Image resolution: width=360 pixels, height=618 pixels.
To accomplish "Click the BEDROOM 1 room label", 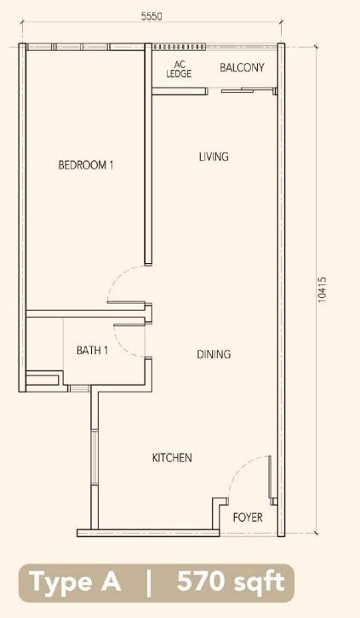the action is [86, 164].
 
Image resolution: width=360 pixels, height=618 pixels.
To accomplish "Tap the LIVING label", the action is [214, 157].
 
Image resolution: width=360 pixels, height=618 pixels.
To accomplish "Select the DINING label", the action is [214, 354].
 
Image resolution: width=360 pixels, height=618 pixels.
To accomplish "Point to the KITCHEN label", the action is [172, 458].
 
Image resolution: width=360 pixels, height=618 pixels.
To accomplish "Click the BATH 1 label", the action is [92, 350].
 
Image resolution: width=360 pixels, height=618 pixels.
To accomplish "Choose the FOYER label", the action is [248, 517].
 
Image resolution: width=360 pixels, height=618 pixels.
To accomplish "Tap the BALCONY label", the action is [242, 67].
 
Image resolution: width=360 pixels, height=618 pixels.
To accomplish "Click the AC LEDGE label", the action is [179, 69].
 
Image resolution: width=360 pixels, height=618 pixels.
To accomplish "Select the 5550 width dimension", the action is [151, 16].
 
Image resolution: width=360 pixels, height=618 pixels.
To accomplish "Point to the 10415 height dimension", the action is [323, 289].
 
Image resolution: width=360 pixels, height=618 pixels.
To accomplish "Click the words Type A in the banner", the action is [75, 581].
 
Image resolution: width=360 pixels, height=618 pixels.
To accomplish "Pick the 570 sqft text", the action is [231, 581].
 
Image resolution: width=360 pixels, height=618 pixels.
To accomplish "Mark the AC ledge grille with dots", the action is [180, 47].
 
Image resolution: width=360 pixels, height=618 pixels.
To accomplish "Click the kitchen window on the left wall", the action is [94, 456].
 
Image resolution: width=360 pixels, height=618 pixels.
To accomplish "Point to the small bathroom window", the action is [79, 389].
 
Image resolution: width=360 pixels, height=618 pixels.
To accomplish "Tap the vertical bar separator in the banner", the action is [149, 582].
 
